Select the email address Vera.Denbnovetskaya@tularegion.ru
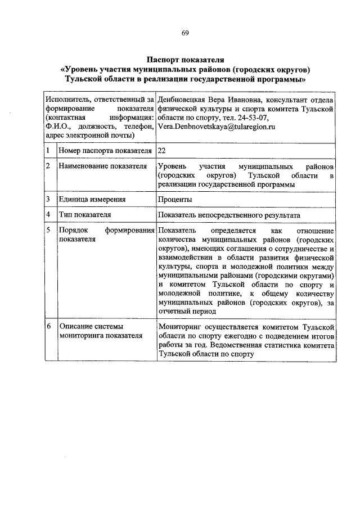coord(216,128)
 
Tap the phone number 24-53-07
coord(254,118)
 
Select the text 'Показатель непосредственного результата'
coord(229,215)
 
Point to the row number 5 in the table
coord(49,231)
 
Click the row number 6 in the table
coord(49,326)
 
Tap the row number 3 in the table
coord(49,200)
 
